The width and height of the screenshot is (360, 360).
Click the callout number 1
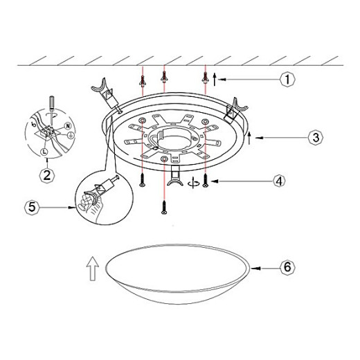(x=287, y=79)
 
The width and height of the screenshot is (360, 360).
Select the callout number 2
(x=47, y=176)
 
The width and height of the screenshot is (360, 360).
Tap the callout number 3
(x=316, y=138)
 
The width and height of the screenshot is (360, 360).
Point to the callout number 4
(x=279, y=181)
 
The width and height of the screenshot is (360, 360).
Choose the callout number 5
(x=32, y=207)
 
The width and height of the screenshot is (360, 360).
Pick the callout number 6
(x=287, y=267)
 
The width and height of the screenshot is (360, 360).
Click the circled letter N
(x=68, y=126)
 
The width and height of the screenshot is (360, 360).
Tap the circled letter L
(x=44, y=152)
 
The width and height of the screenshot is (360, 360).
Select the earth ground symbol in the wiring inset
(x=71, y=136)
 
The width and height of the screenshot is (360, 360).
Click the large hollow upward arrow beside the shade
(x=93, y=269)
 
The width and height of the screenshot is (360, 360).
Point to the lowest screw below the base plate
(x=164, y=207)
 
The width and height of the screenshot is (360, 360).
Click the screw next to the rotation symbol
(x=206, y=181)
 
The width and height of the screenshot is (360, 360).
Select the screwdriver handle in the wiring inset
(x=52, y=102)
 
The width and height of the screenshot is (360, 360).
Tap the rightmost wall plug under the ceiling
(x=206, y=78)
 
